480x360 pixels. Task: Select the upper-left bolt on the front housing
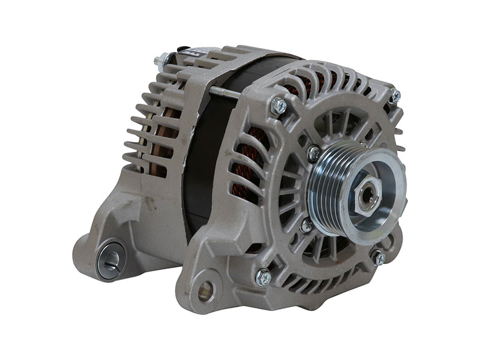click(x=278, y=106)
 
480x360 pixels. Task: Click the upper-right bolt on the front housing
click(x=394, y=95)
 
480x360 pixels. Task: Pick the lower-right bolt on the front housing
click(x=379, y=257)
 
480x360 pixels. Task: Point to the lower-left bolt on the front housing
click(x=263, y=277)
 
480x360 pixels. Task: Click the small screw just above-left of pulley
click(x=314, y=154)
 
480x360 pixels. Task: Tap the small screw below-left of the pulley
click(x=306, y=226)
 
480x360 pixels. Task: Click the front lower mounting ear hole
click(x=205, y=291)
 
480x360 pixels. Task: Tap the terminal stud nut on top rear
click(x=161, y=60)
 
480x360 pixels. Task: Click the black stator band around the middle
click(x=204, y=156)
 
